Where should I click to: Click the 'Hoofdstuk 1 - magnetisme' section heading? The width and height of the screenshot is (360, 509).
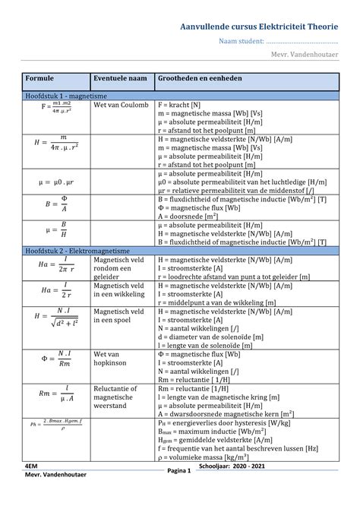[x=66, y=97]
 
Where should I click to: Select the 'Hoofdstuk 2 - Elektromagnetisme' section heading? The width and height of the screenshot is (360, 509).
[x=78, y=250]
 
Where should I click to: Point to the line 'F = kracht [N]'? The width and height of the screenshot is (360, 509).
[x=180, y=106]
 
